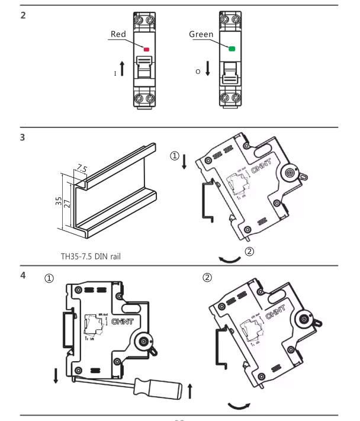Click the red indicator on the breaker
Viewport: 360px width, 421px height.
click(x=146, y=50)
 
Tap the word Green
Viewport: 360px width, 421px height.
click(x=201, y=34)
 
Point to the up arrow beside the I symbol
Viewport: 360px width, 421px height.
click(x=122, y=68)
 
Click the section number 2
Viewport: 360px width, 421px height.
click(x=23, y=15)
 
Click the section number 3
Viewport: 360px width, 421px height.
click(x=23, y=138)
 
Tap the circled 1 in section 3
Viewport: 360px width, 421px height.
click(x=174, y=156)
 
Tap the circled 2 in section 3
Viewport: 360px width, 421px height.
click(x=249, y=252)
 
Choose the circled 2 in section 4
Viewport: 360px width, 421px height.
click(x=207, y=277)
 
